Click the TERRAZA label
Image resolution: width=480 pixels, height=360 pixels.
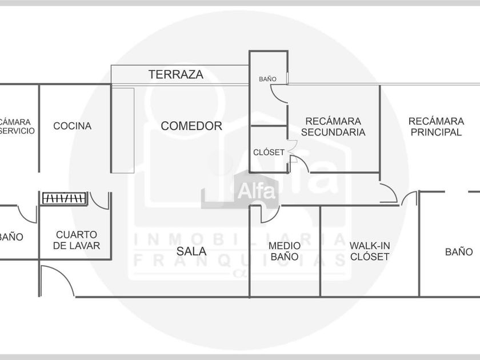tap(176, 74)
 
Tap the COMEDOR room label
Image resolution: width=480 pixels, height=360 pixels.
tap(191, 126)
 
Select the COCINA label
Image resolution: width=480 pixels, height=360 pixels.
tap(72, 126)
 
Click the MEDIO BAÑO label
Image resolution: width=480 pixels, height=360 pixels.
tap(284, 251)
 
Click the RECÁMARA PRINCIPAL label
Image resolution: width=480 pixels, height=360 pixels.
tap(435, 126)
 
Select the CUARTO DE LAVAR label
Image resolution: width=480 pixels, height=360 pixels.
tap(78, 240)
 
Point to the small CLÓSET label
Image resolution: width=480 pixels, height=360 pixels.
tap(269, 153)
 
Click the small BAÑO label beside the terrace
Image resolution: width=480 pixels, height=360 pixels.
tap(267, 79)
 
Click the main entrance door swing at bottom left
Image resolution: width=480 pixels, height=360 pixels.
tap(54, 281)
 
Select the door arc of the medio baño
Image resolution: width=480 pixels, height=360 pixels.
tap(266, 213)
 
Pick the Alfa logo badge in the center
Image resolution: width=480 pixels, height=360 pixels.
tap(257, 189)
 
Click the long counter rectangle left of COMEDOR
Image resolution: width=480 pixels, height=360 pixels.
tap(123, 130)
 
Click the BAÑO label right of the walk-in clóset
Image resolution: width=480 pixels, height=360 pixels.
tap(459, 251)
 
